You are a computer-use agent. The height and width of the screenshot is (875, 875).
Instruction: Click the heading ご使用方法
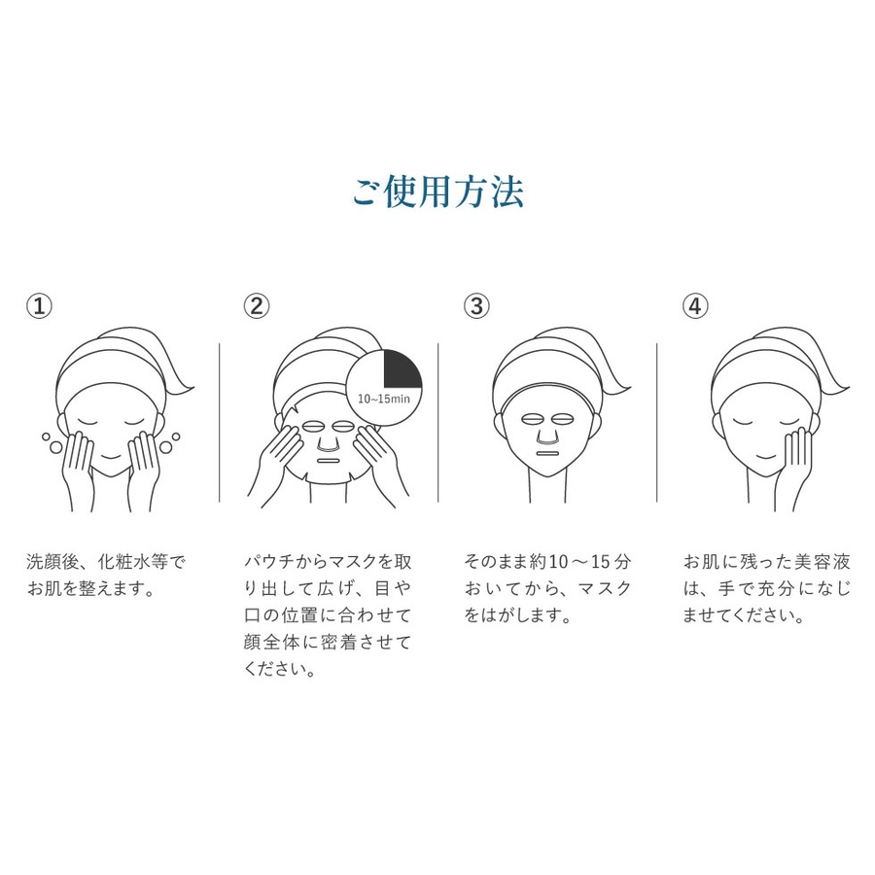pyautogui.click(x=438, y=192)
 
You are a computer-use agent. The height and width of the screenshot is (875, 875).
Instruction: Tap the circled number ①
pyautogui.click(x=40, y=306)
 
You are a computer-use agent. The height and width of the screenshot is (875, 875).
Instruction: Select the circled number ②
pyautogui.click(x=257, y=306)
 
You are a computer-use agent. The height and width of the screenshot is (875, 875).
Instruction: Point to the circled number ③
pyautogui.click(x=476, y=306)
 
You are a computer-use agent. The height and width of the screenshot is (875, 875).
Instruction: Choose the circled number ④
pyautogui.click(x=695, y=306)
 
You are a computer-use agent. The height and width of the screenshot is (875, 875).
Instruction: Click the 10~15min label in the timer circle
pyautogui.click(x=383, y=399)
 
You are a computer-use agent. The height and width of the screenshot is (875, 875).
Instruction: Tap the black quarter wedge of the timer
pyautogui.click(x=402, y=368)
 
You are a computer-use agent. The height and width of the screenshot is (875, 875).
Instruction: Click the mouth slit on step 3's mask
pyautogui.click(x=547, y=452)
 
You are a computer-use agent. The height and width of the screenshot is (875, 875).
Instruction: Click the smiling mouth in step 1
pyautogui.click(x=111, y=457)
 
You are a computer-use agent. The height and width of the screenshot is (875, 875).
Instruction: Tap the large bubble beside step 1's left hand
pyautogui.click(x=55, y=447)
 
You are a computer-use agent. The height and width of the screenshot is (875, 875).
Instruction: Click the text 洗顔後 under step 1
pyautogui.click(x=52, y=562)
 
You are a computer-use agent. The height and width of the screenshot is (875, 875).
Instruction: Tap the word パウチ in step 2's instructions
pyautogui.click(x=269, y=562)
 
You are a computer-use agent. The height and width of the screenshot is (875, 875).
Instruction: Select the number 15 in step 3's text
pyautogui.click(x=601, y=562)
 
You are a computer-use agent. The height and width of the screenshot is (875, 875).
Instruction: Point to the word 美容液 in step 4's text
pyautogui.click(x=824, y=562)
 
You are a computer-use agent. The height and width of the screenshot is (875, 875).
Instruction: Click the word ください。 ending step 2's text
pyautogui.click(x=281, y=669)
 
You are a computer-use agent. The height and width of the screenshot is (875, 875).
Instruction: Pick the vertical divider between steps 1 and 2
pyautogui.click(x=220, y=423)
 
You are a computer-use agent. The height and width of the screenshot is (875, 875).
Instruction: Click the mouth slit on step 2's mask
pyautogui.click(x=329, y=462)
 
